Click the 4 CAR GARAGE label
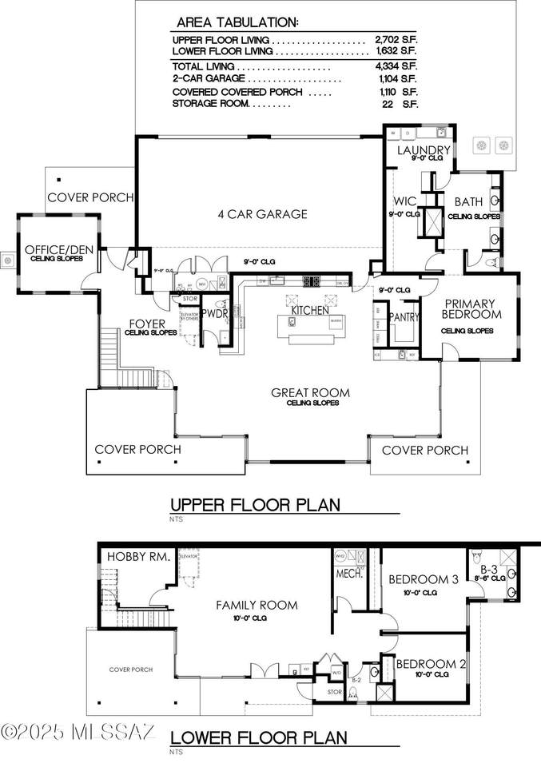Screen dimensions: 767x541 coord(262,214)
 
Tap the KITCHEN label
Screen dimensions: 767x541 coord(310,310)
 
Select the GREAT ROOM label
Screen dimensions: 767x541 coord(311,392)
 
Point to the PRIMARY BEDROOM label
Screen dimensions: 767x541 coord(471,309)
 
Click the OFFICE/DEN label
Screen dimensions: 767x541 coord(59,249)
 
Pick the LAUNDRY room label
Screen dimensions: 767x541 coord(424,149)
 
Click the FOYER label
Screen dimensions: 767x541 coord(146,324)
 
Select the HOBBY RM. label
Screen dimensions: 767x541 coord(138,557)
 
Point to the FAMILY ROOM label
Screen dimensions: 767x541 coord(257,605)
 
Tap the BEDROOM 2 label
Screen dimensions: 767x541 coord(430,663)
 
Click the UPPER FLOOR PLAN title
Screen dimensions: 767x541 coord(256,504)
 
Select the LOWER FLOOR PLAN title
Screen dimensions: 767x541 coord(259,737)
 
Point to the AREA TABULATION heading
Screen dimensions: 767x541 coord(237,22)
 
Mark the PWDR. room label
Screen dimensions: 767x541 coord(215,315)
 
